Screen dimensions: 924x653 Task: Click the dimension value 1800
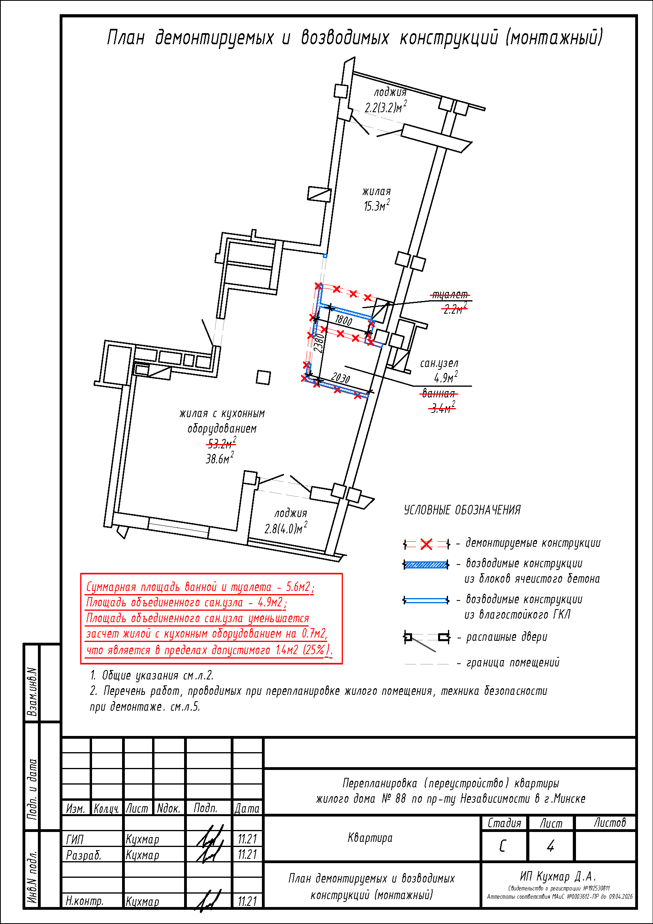[x=344, y=320]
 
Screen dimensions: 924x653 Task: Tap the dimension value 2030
[x=341, y=378]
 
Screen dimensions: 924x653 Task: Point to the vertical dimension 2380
[x=319, y=343]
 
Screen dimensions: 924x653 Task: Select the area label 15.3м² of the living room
[x=376, y=206]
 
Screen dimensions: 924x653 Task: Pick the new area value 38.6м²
[x=220, y=458]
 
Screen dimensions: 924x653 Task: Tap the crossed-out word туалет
[x=450, y=295]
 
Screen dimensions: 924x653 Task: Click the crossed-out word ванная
[x=438, y=393]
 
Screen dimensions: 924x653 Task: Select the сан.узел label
[x=439, y=363]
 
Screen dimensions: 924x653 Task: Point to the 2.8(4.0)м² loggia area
[x=286, y=528]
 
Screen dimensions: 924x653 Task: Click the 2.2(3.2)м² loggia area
[x=386, y=107]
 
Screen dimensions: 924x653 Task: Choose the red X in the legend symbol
[x=426, y=544]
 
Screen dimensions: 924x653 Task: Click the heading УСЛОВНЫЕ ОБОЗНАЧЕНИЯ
[x=462, y=510]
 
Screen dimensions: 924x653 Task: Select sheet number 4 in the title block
[x=550, y=846]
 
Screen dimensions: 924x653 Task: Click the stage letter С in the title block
[x=502, y=846]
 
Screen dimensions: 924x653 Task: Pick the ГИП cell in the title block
[x=75, y=839]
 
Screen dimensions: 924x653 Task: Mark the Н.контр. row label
[x=85, y=901]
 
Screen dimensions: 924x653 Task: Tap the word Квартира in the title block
[x=370, y=837]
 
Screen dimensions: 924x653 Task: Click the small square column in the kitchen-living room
[x=263, y=377]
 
